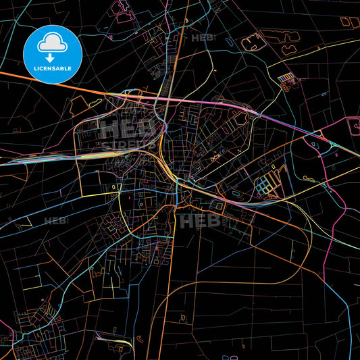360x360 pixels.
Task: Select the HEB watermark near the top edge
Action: pyautogui.click(x=203, y=38)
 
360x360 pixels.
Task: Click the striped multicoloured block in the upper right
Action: pyautogui.click(x=288, y=79)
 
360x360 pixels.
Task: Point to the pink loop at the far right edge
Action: pyautogui.click(x=353, y=125)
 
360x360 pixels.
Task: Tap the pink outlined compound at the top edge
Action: pyautogui.click(x=122, y=8)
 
